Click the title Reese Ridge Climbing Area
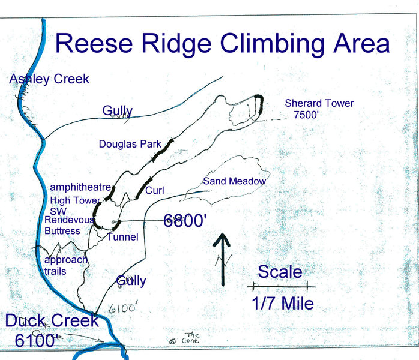coord(222,43)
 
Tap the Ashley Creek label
coord(49,79)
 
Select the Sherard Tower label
coord(319,103)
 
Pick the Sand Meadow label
coord(234,181)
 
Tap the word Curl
coord(155,191)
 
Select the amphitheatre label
coord(80,188)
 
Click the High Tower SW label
coord(74,206)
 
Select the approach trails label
coord(65,265)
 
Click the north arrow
coord(223,258)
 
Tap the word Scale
coord(280,272)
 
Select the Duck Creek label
coord(52,320)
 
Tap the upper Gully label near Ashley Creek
coord(117,110)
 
